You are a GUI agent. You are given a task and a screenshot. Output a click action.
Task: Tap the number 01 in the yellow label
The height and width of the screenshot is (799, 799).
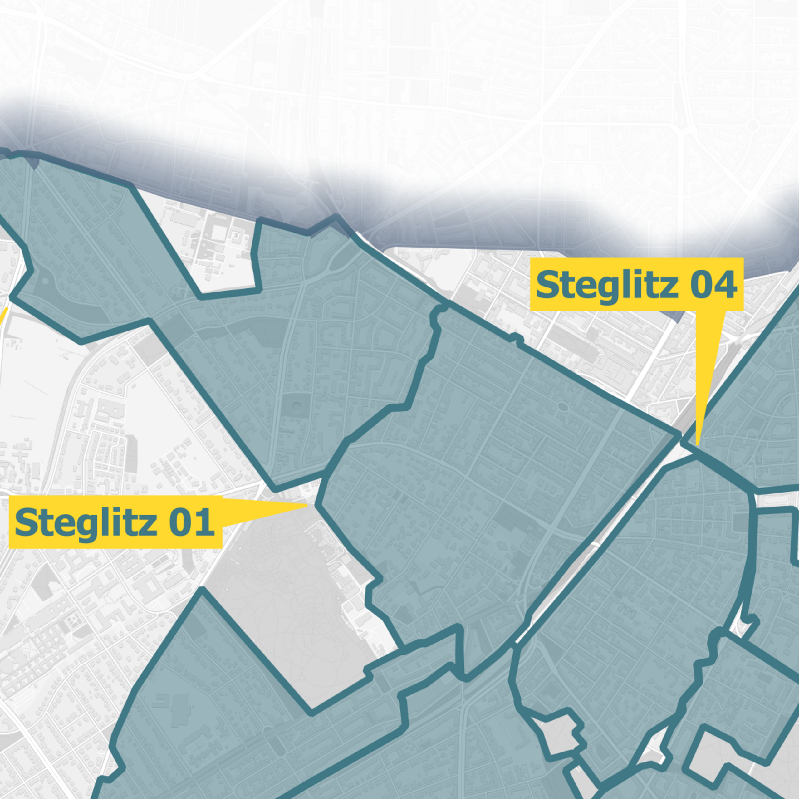click(191, 523)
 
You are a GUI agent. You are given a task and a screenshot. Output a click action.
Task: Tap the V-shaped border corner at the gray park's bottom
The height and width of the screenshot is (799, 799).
click(311, 713)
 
